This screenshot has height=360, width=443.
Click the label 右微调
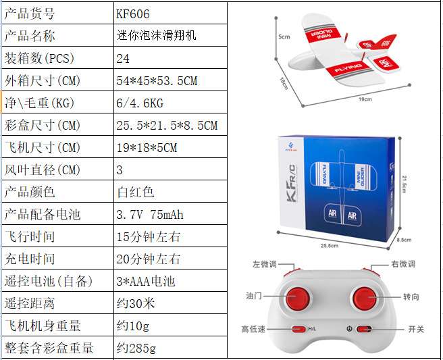pos(403,264)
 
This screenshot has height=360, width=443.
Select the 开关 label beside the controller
pos(416,329)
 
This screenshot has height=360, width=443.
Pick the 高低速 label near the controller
pos(255,330)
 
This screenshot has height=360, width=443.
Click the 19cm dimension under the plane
pos(365,99)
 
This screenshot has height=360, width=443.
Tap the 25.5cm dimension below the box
pos(330,245)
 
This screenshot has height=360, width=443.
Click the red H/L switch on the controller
pos(297,330)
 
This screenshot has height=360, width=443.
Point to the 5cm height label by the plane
pos(284,36)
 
